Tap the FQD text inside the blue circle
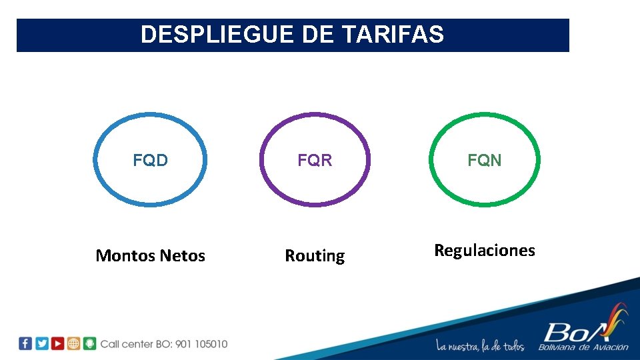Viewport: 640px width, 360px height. (x=150, y=161)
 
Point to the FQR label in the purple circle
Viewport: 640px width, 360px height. (x=315, y=161)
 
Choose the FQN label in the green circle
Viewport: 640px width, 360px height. (x=485, y=161)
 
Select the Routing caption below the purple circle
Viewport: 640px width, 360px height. (x=315, y=257)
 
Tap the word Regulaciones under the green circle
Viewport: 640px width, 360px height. (x=485, y=251)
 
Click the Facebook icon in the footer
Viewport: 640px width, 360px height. (x=25, y=344)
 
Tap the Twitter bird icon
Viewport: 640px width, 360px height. (x=41, y=344)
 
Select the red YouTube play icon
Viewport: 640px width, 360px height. (x=57, y=344)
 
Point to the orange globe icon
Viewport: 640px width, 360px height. (x=73, y=344)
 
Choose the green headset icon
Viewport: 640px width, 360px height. (x=89, y=344)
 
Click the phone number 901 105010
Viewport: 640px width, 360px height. (x=201, y=344)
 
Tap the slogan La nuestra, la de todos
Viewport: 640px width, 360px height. (x=480, y=346)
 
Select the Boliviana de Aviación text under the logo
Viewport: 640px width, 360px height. (x=583, y=347)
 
